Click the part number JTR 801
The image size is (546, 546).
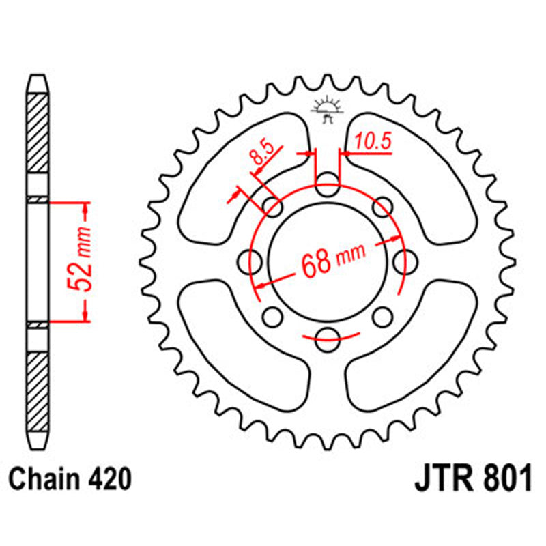[x=471, y=480]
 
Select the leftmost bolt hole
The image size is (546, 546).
[x=253, y=259]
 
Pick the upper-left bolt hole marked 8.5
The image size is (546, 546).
[x=274, y=207]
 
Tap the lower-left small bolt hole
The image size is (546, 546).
[x=273, y=315]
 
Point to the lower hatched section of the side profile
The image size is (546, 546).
[x=38, y=389]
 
